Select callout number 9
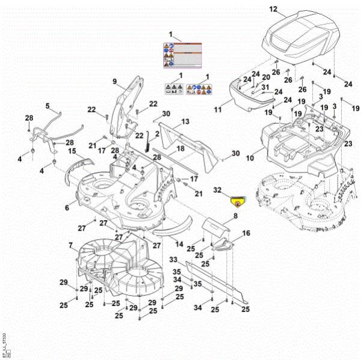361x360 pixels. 114,81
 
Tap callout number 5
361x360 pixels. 48,106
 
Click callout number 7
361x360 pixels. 71,245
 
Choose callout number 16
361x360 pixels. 245,233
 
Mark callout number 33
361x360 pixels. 173,260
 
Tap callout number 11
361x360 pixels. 218,110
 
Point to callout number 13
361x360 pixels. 185,122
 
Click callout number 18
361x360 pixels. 179,148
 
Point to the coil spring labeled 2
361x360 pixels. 147,144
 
